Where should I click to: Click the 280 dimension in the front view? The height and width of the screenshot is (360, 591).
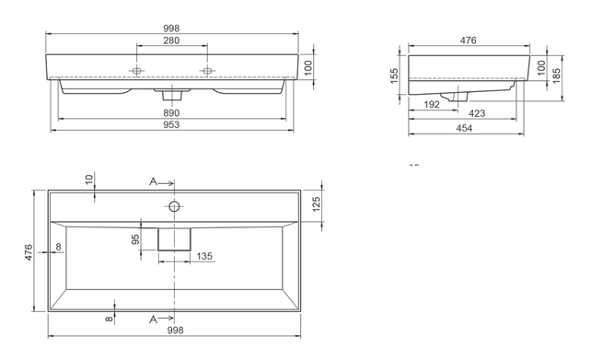pyautogui.click(x=172, y=41)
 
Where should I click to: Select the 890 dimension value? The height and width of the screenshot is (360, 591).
pyautogui.click(x=172, y=113)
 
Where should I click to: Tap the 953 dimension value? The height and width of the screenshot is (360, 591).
pyautogui.click(x=172, y=125)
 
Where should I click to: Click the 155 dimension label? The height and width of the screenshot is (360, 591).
pyautogui.click(x=394, y=74)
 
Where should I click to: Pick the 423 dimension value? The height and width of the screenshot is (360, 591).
pyautogui.click(x=477, y=113)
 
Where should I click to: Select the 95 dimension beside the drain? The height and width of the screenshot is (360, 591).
pyautogui.click(x=136, y=238)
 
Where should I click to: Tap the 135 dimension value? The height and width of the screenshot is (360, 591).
pyautogui.click(x=203, y=257)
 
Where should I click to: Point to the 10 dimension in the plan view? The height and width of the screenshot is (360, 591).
pyautogui.click(x=89, y=178)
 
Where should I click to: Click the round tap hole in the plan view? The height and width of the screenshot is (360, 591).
pyautogui.click(x=172, y=204)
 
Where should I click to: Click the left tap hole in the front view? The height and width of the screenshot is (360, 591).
pyautogui.click(x=138, y=71)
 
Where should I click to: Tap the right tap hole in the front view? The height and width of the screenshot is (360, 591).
pyautogui.click(x=207, y=71)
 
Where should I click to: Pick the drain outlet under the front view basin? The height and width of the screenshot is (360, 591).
pyautogui.click(x=172, y=94)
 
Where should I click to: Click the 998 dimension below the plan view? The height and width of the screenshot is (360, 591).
pyautogui.click(x=172, y=330)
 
